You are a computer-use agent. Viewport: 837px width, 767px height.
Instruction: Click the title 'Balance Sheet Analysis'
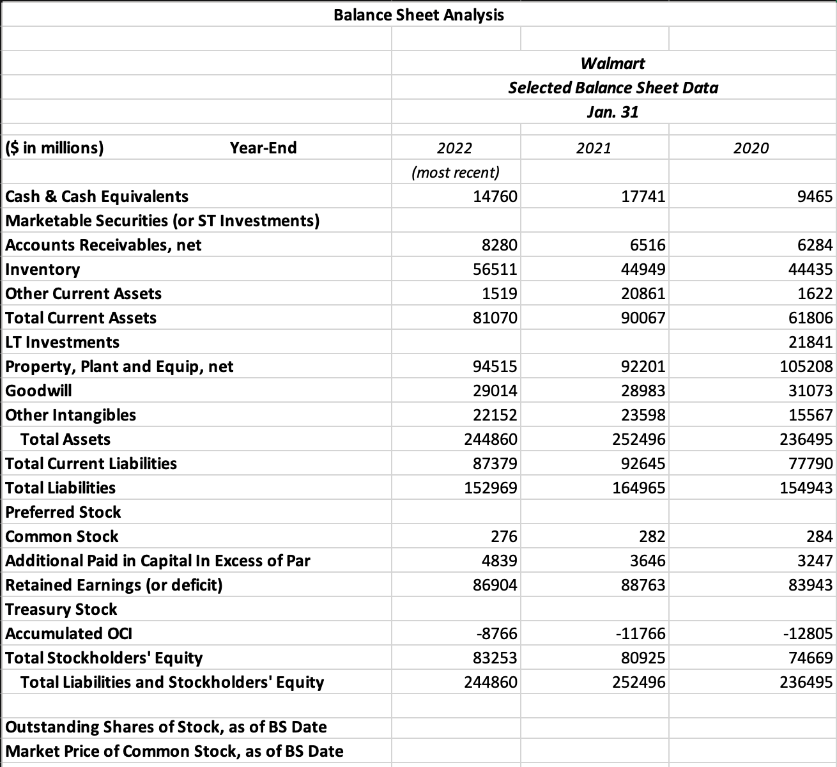[x=418, y=15]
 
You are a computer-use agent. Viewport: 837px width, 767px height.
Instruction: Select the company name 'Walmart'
[x=613, y=63]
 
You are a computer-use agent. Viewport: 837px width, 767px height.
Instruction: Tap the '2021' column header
[x=594, y=148]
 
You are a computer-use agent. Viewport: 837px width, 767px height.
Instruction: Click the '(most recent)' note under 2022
[x=456, y=172]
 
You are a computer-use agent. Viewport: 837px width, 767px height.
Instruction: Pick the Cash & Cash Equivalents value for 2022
[x=495, y=196]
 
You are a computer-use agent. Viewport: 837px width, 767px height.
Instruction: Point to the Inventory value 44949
[x=643, y=269]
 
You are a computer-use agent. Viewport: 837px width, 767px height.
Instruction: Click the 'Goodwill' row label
[x=38, y=391]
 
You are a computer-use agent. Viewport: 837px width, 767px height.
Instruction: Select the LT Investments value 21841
[x=811, y=342]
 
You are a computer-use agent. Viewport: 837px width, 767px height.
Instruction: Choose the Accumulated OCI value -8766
[x=497, y=633]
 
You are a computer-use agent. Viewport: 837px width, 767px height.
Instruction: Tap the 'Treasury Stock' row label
[x=61, y=609]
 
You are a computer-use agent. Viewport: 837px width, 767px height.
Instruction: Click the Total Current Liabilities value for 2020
[x=811, y=463]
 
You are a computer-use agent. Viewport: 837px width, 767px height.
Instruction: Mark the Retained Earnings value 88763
[x=643, y=585]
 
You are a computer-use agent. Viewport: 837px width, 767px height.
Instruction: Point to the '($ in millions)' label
[x=54, y=148]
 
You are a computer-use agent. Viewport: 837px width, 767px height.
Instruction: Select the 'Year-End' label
[x=263, y=148]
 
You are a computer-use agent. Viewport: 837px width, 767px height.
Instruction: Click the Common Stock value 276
[x=504, y=536]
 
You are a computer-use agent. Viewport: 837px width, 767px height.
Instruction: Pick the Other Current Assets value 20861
[x=643, y=293]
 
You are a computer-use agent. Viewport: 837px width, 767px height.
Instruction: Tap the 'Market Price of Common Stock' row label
[x=174, y=751]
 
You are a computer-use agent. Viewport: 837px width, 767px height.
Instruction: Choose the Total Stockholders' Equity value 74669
[x=811, y=658]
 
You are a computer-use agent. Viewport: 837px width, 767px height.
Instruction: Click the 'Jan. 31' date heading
[x=613, y=112]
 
